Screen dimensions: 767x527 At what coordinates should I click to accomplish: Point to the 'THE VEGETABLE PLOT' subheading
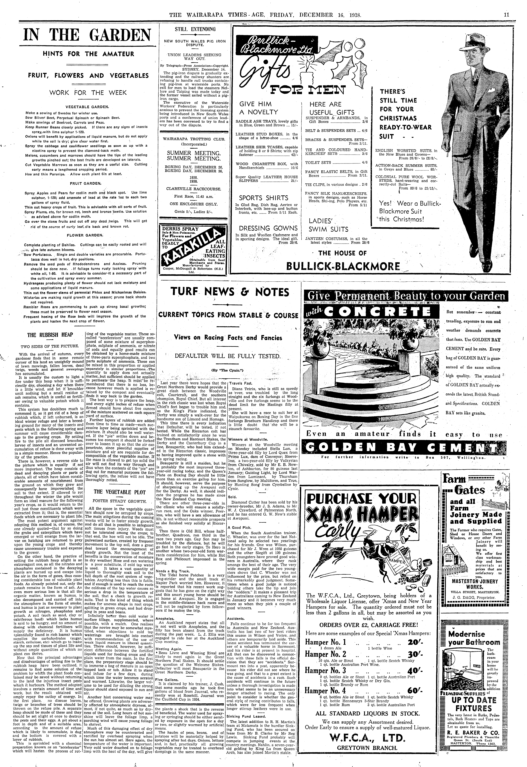click(x=120, y=492)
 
